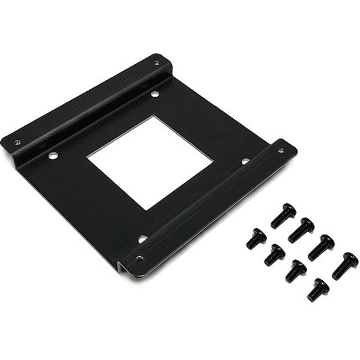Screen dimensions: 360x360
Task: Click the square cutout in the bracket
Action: click(150, 162)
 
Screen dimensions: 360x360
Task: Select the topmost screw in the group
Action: click(283, 215)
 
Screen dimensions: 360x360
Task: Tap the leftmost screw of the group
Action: click(256, 238)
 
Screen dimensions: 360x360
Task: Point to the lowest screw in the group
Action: click(318, 290)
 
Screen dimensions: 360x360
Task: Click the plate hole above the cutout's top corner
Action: click(155, 94)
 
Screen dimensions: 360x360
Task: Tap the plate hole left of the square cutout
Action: click(53, 155)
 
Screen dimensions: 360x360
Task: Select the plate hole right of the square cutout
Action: click(245, 161)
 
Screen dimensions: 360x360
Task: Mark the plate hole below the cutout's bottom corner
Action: click(142, 238)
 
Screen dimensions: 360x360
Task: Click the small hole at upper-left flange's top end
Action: click(157, 62)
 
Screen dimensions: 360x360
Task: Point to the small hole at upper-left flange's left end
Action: click(17, 142)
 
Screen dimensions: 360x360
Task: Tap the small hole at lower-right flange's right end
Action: click(280, 150)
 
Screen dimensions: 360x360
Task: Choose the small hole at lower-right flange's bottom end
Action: click(139, 259)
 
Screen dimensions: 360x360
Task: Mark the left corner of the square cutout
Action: click(87, 157)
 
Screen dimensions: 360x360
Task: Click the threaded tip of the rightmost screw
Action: click(336, 275)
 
